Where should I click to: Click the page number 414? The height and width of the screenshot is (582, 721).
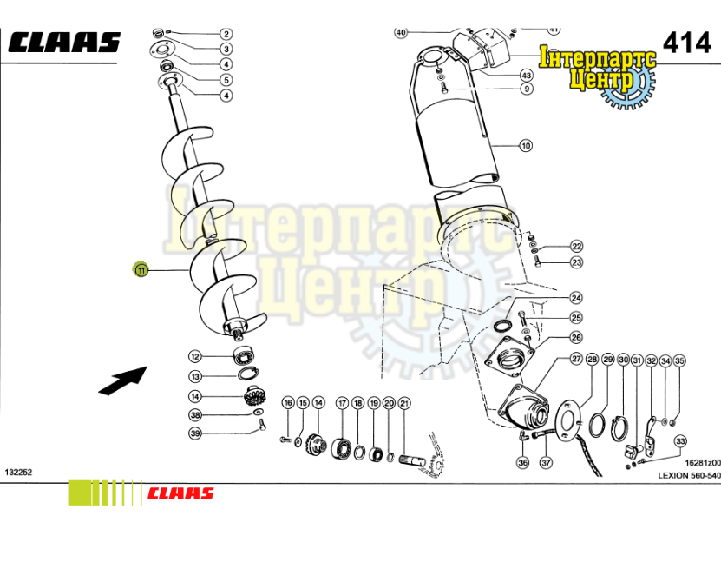(x=686, y=41)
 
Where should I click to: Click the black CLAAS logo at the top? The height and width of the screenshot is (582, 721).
(x=65, y=42)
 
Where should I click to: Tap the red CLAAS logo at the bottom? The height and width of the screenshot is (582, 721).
(x=180, y=493)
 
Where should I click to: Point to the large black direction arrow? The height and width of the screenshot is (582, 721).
(x=121, y=380)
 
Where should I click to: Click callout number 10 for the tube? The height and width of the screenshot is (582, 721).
(x=525, y=146)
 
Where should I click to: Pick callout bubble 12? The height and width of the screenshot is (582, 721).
(x=195, y=356)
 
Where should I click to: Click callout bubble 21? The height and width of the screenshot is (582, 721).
(x=403, y=403)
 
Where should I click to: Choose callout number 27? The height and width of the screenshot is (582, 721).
(x=576, y=359)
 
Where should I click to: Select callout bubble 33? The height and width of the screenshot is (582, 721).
(x=680, y=440)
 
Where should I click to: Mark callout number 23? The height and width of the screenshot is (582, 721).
(x=576, y=262)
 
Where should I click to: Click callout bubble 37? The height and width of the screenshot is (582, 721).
(x=546, y=463)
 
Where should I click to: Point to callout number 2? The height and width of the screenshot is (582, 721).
(x=226, y=34)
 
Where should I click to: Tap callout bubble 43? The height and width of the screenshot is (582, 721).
(x=527, y=76)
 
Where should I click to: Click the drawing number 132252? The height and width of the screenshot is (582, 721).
(x=18, y=472)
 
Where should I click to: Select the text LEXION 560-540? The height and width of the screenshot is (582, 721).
(x=689, y=475)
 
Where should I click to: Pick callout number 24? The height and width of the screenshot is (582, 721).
(x=576, y=298)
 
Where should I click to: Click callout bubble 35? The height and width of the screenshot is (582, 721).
(x=680, y=360)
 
